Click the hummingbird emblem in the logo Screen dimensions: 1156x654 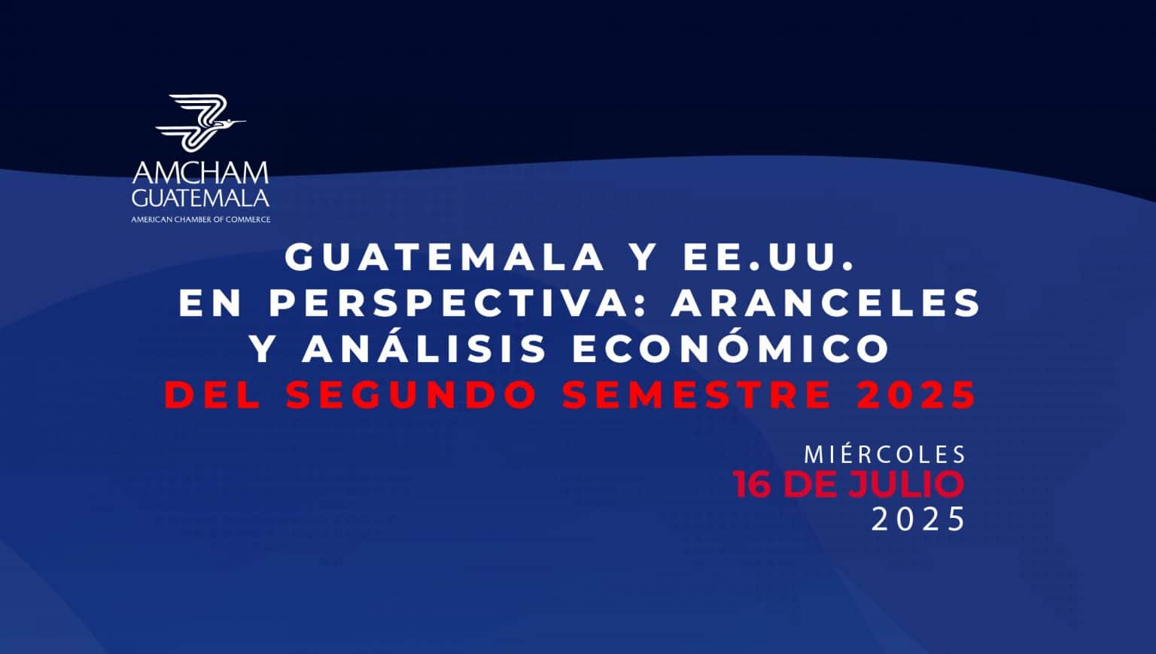[x=200, y=123]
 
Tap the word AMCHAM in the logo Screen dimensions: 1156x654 [x=200, y=173]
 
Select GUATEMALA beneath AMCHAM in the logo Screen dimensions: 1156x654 [x=200, y=198]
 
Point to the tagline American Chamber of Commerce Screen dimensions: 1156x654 [x=201, y=219]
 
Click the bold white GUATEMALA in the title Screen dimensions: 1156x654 [x=445, y=257]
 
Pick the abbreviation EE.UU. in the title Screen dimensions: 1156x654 [x=769, y=257]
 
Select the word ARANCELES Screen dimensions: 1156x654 [x=826, y=303]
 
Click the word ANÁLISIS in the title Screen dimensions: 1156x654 [x=424, y=348]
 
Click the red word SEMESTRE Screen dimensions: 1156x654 [x=697, y=395]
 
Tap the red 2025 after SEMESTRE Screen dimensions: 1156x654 [x=916, y=395]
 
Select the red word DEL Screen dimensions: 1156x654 [x=213, y=395]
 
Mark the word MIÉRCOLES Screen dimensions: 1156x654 [x=885, y=455]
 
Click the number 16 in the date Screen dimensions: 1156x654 [x=756, y=485]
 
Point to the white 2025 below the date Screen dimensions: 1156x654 [x=918, y=519]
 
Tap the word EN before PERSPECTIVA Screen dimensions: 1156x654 [x=210, y=303]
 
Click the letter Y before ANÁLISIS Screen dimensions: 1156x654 [x=264, y=348]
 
